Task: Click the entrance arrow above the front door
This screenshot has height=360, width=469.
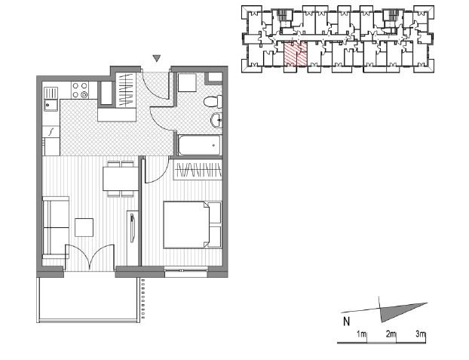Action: click(157, 58)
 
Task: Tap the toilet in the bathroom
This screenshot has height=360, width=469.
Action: click(213, 102)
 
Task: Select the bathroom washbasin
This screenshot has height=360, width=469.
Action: click(217, 121)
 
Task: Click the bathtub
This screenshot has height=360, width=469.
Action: click(200, 145)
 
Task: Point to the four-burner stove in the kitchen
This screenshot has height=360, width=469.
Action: click(80, 90)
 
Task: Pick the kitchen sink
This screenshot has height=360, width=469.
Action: click(51, 99)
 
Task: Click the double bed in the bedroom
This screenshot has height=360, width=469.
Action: click(192, 225)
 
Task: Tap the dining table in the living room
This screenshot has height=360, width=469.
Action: click(121, 179)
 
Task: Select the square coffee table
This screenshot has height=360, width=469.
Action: click(84, 227)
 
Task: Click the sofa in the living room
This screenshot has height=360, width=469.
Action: click(56, 227)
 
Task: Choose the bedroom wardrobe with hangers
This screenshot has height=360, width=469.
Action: click(198, 170)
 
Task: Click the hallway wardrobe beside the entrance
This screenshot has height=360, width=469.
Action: click(126, 90)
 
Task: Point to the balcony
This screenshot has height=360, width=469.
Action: click(88, 300)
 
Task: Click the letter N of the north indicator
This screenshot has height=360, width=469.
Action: click(346, 322)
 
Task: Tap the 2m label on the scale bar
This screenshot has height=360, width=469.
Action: click(391, 334)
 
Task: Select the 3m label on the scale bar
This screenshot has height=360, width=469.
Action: click(420, 334)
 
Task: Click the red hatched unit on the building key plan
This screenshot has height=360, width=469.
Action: click(296, 54)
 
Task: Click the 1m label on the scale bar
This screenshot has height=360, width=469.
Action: click(361, 334)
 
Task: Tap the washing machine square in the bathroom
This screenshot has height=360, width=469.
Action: click(187, 82)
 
